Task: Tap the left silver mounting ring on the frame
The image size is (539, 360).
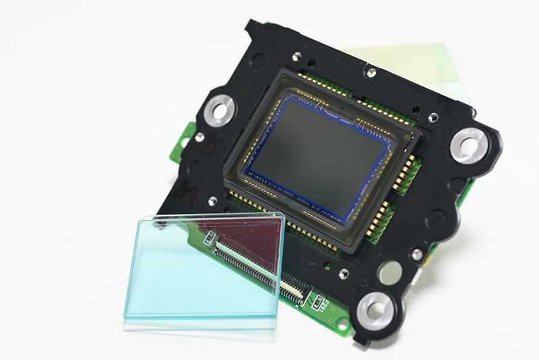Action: [x=220, y=109]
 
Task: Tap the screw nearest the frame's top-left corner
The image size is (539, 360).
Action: [x=296, y=56]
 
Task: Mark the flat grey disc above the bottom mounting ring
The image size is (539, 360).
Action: [x=389, y=272]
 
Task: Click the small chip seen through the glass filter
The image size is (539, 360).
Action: [x=210, y=237]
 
